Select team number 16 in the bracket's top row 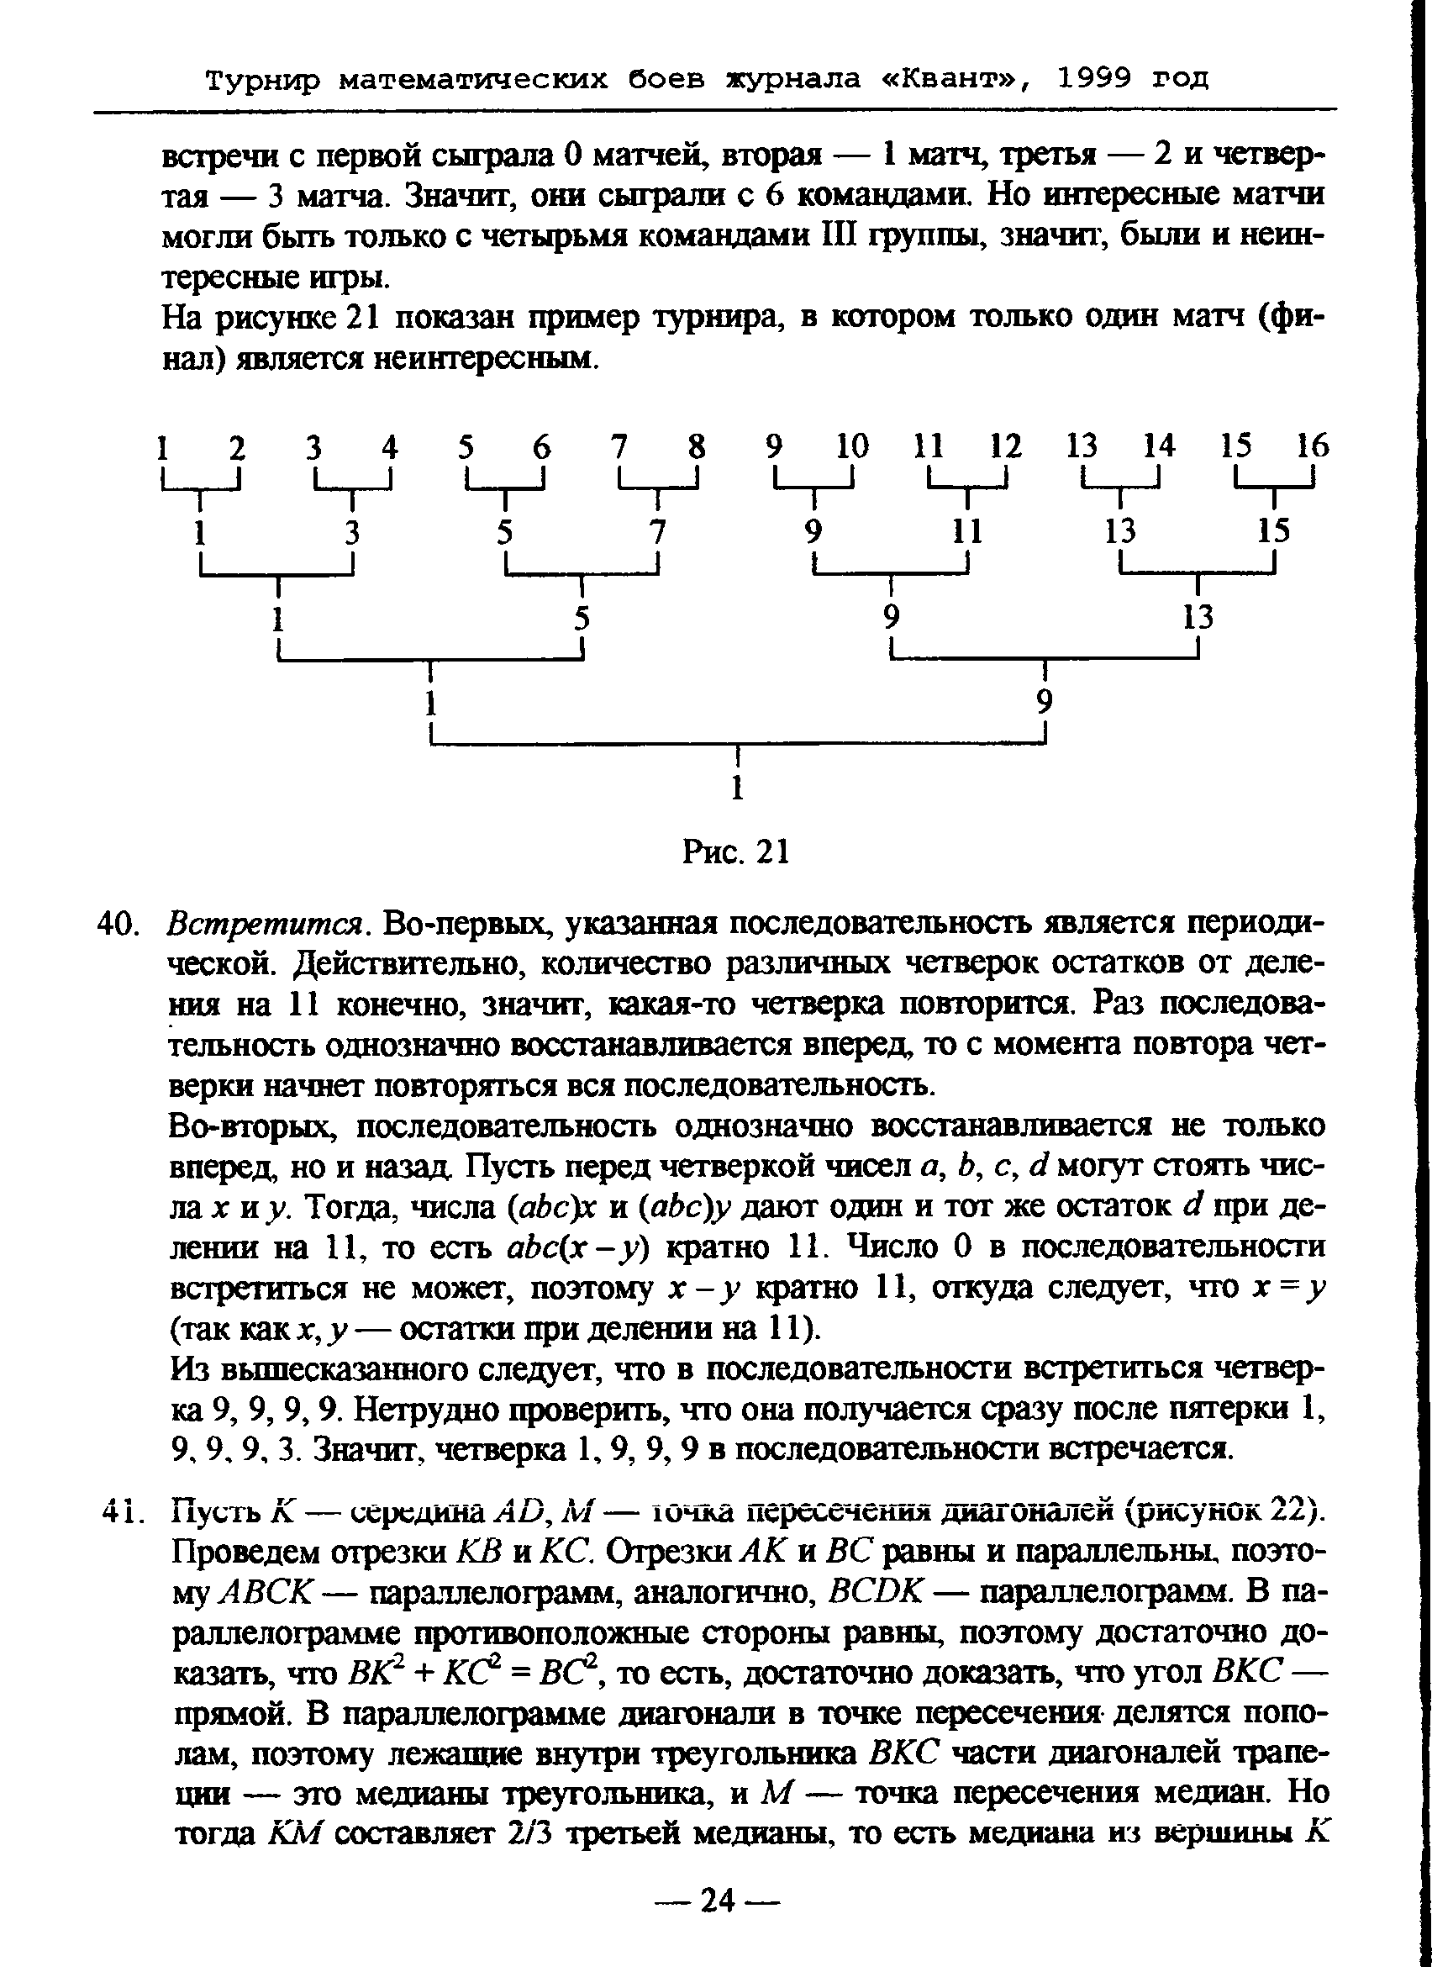pyautogui.click(x=1312, y=446)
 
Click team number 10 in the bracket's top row pyautogui.click(x=852, y=446)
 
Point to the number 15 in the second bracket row pyautogui.click(x=1274, y=531)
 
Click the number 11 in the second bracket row pyautogui.click(x=966, y=531)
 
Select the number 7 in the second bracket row pyautogui.click(x=658, y=531)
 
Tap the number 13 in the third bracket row pyautogui.click(x=1198, y=617)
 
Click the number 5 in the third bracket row pyautogui.click(x=582, y=617)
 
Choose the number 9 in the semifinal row pyautogui.click(x=1045, y=702)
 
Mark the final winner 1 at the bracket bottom pyautogui.click(x=737, y=788)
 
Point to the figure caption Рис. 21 pyautogui.click(x=735, y=852)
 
